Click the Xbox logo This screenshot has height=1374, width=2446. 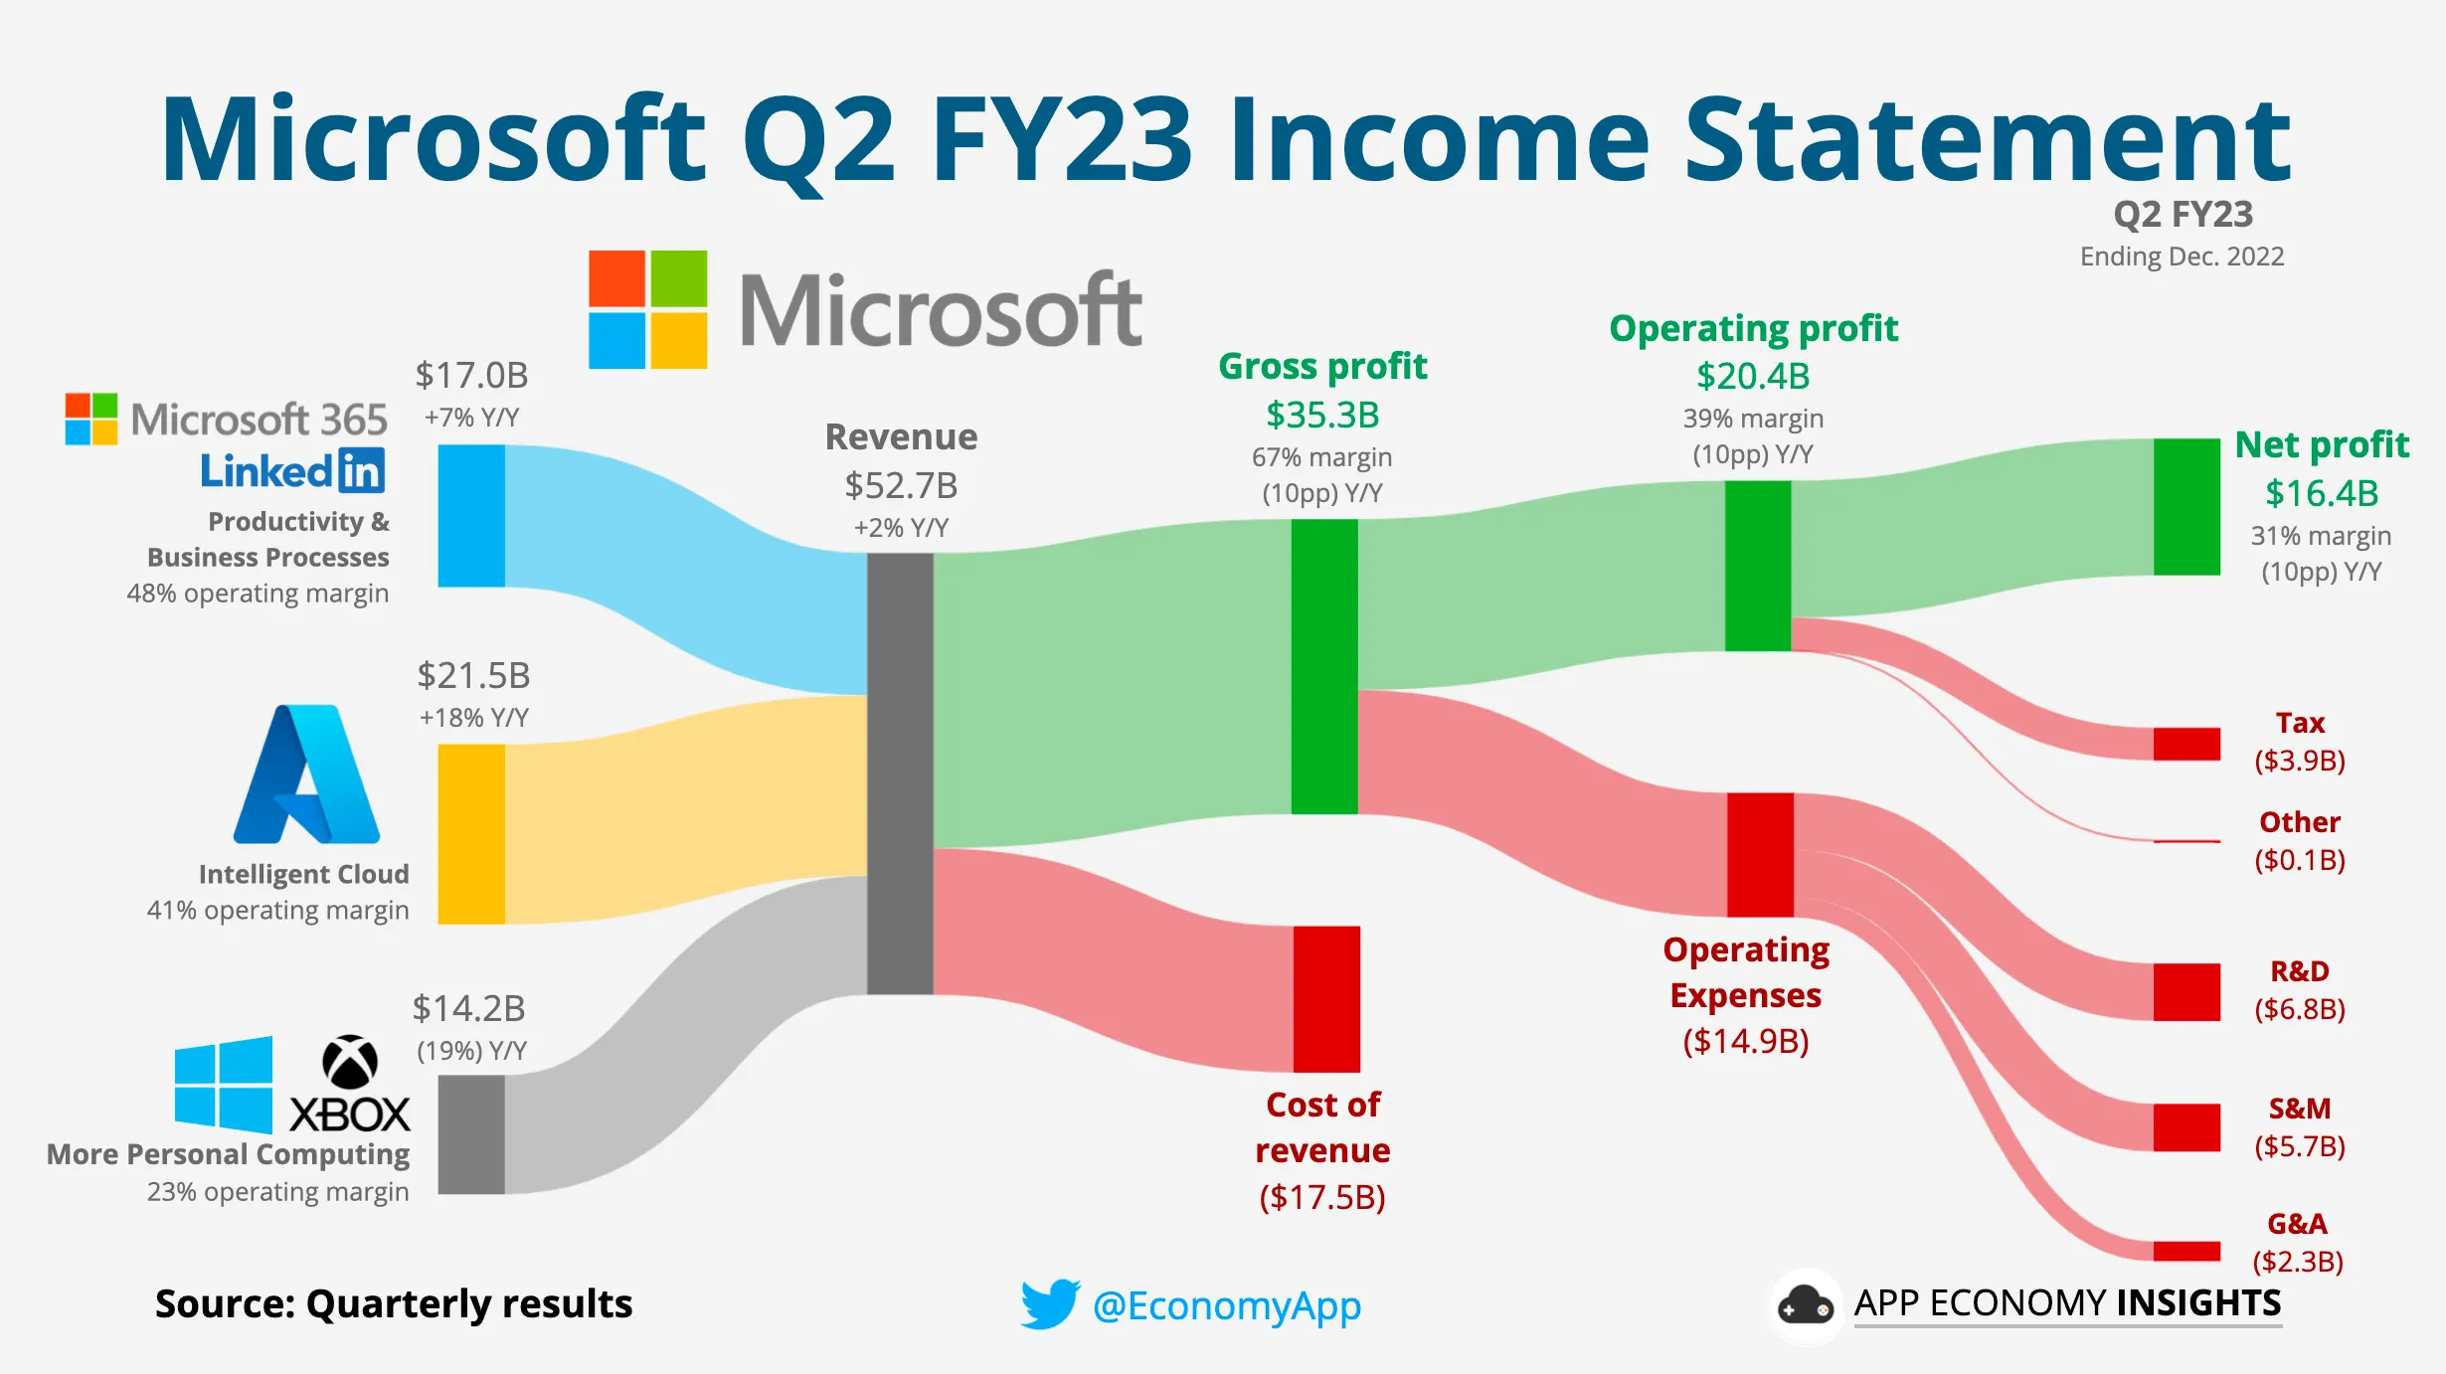350,1084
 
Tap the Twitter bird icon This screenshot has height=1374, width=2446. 1050,1303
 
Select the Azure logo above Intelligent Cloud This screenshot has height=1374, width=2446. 306,774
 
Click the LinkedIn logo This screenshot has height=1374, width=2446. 292,470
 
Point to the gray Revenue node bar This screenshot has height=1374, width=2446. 900,773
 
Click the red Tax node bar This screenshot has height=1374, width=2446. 2186,744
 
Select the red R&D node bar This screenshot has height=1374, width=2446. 2186,991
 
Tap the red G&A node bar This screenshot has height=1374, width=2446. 2186,1251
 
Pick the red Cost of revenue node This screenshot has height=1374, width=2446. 1326,998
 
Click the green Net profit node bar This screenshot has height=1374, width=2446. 2186,506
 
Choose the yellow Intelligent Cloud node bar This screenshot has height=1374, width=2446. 471,834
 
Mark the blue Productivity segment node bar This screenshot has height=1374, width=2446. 471,515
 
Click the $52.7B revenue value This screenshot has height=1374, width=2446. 901,485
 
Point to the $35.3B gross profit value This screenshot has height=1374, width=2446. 1322,415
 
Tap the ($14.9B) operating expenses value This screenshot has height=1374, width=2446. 1746,1041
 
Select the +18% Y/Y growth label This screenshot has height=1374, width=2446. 473,717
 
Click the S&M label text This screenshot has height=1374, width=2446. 2299,1108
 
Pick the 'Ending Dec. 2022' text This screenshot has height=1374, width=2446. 2182,257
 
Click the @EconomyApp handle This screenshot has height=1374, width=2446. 1226,1305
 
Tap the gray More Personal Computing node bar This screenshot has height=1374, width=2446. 471,1133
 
